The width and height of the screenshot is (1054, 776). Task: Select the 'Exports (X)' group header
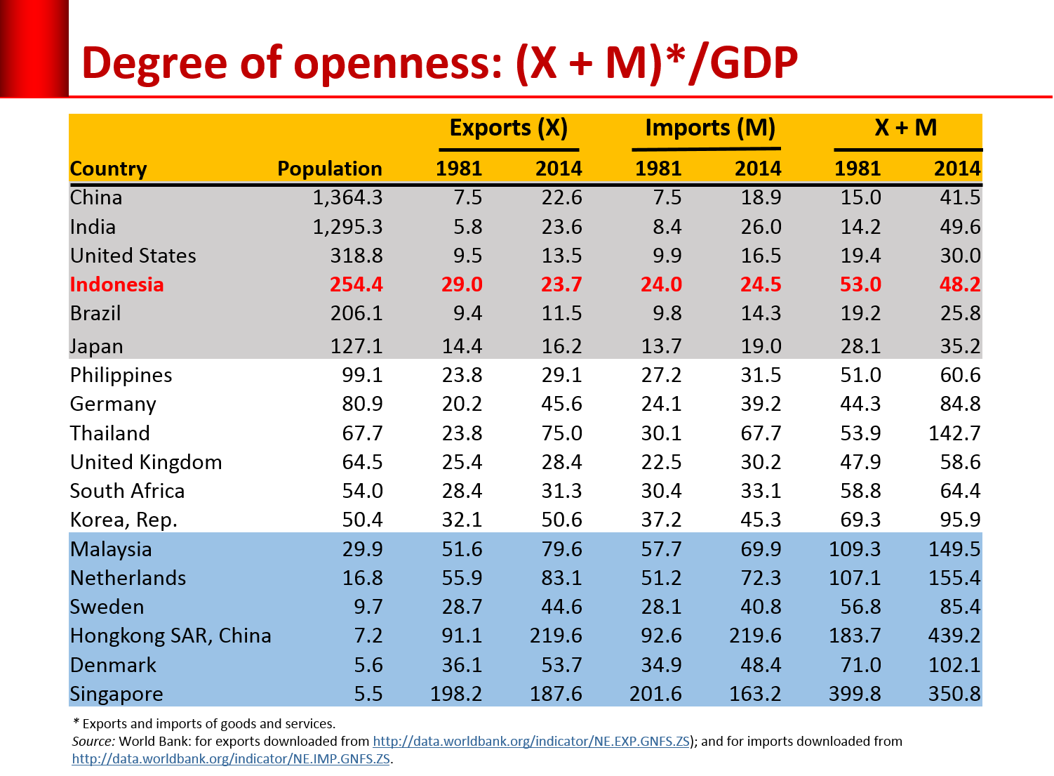(508, 128)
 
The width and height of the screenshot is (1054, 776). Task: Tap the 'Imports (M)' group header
(709, 128)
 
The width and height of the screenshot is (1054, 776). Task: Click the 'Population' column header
(329, 169)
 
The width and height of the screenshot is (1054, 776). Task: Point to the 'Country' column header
(108, 169)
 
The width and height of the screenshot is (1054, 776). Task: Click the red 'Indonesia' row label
(116, 284)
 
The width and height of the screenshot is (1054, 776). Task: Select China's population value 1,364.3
(347, 197)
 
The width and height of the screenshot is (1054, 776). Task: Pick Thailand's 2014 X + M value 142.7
(954, 433)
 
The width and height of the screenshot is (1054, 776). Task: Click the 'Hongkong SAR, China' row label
(171, 636)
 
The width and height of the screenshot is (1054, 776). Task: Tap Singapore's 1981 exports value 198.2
(456, 694)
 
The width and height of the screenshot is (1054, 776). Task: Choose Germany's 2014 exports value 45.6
(561, 404)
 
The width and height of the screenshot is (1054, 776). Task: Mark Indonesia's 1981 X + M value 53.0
(860, 284)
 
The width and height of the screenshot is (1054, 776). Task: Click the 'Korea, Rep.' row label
(124, 520)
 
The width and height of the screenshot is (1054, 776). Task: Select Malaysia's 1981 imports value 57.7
(661, 549)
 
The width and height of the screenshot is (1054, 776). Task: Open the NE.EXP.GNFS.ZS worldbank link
(531, 741)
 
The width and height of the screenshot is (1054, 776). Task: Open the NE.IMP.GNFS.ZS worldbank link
(231, 759)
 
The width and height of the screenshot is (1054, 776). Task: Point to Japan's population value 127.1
(356, 346)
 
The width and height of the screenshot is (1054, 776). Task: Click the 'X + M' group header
(905, 128)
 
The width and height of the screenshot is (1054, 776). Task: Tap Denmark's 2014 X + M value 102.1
(954, 665)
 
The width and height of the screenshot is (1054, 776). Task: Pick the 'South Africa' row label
(127, 491)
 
